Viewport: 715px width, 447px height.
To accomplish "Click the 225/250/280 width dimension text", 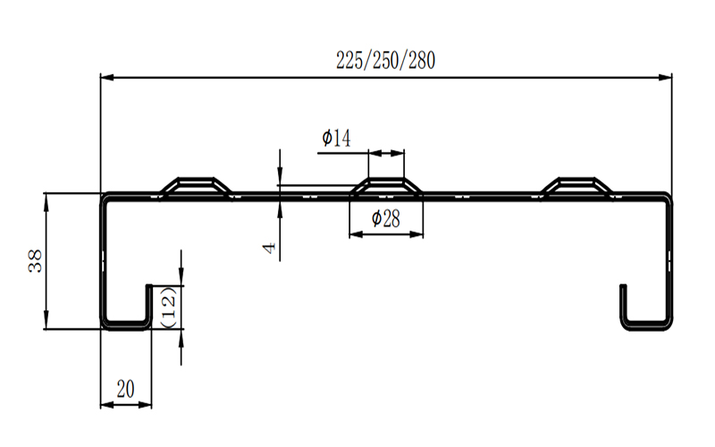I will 385,61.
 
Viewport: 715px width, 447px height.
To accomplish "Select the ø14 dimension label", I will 336,138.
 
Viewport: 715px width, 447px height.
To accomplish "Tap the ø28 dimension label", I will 384,218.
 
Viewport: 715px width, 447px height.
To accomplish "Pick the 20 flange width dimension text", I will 125,388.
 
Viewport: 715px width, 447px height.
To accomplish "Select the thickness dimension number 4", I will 268,247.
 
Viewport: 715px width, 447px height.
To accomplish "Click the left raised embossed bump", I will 195,186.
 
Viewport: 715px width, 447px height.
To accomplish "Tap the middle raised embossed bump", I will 385,186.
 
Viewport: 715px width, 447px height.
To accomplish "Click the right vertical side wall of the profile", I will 668,259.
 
